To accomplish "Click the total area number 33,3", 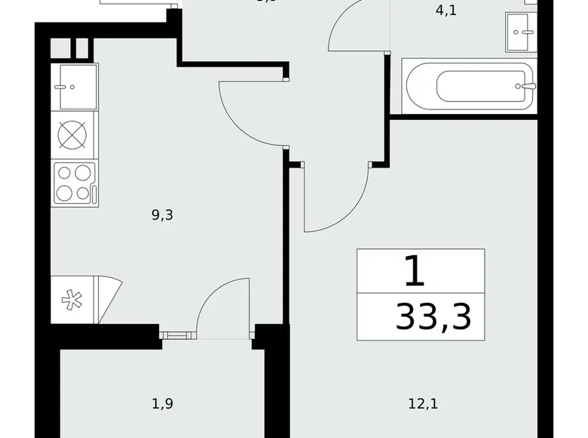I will (x=433, y=317).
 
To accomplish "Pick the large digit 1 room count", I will (x=415, y=271).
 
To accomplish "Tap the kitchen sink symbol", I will (x=75, y=87).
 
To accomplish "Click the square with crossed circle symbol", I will (x=75, y=135).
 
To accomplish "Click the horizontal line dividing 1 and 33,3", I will (x=420, y=292).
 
